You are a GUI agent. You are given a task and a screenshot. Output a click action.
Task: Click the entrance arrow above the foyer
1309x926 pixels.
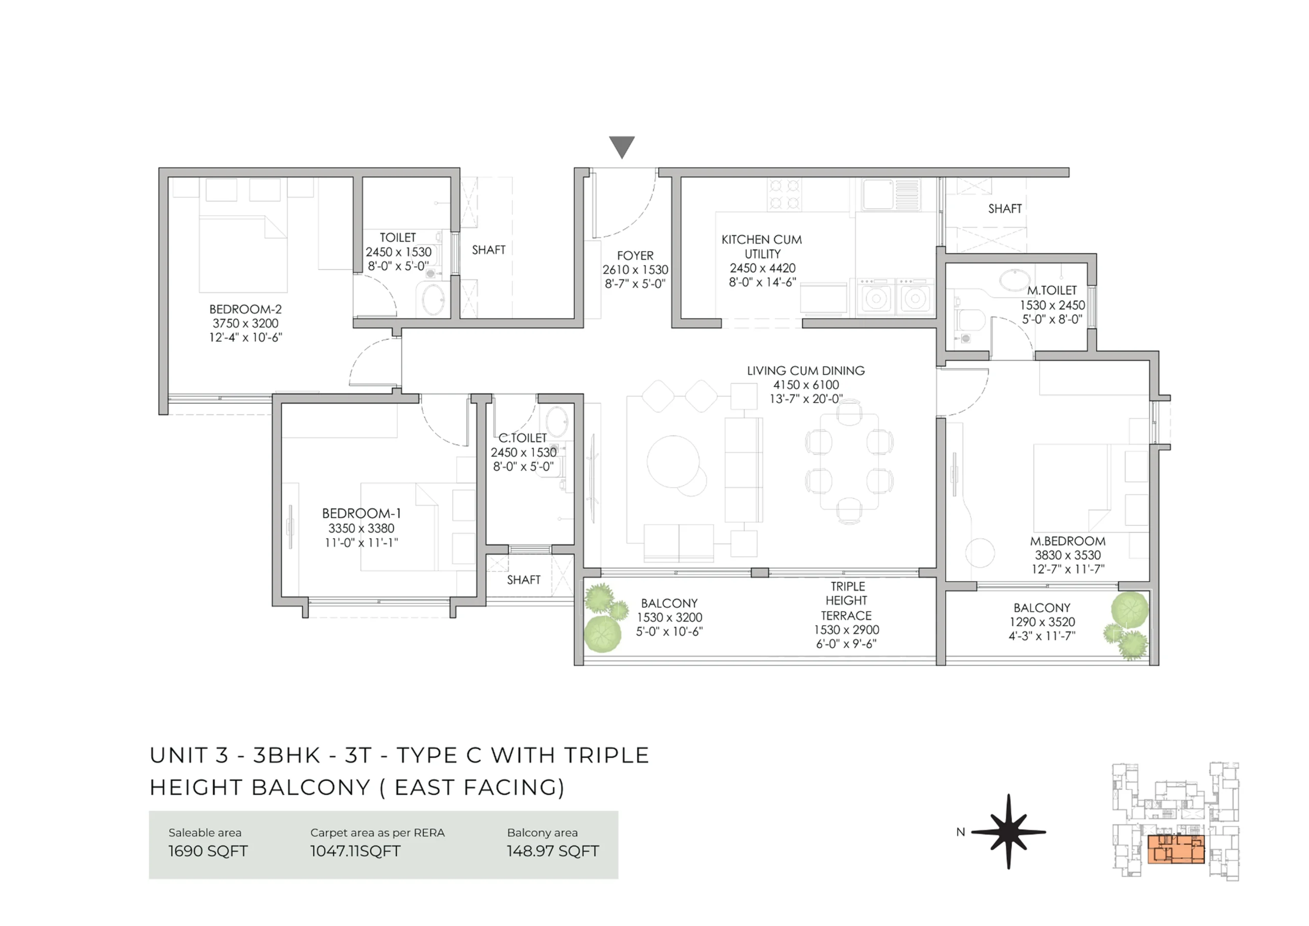[x=621, y=146]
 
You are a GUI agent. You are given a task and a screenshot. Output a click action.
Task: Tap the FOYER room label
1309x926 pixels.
[x=635, y=256]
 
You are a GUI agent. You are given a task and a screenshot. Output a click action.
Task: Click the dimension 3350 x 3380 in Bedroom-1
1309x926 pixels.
[x=361, y=528]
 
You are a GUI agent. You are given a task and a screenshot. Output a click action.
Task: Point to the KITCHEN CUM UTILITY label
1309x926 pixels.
[x=762, y=247]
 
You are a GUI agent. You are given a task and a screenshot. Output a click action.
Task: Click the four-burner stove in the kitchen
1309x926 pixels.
[x=784, y=193]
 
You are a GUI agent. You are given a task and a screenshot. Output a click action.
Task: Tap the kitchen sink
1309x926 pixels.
[x=878, y=194]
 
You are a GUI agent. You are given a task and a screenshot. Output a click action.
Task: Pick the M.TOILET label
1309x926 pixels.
[x=1052, y=291]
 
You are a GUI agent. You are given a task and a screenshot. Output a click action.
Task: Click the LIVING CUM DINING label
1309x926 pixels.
[x=805, y=370]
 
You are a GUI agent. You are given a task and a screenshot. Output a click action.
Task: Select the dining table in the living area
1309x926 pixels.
[x=849, y=461]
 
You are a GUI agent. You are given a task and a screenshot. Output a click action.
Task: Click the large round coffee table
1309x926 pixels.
[x=673, y=461]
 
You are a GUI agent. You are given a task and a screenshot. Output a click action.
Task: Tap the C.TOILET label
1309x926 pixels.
[x=523, y=437]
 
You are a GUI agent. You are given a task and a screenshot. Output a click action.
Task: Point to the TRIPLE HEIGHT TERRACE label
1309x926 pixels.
[x=847, y=601]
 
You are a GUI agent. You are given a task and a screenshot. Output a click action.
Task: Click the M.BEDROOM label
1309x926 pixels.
[x=1068, y=541]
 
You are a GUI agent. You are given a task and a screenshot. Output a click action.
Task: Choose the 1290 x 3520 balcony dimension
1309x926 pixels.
[x=1042, y=622]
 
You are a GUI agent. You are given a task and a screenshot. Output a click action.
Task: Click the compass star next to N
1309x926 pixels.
[x=1008, y=832]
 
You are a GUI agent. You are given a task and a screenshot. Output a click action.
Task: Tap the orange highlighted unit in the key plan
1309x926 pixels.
[x=1176, y=850]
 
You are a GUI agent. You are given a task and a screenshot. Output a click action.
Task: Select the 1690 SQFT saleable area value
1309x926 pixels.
[x=208, y=851]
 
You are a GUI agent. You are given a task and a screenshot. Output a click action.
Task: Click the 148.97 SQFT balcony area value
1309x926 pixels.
[x=552, y=851]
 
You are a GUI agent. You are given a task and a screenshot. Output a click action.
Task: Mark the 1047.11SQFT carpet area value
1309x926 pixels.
[x=355, y=851]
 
